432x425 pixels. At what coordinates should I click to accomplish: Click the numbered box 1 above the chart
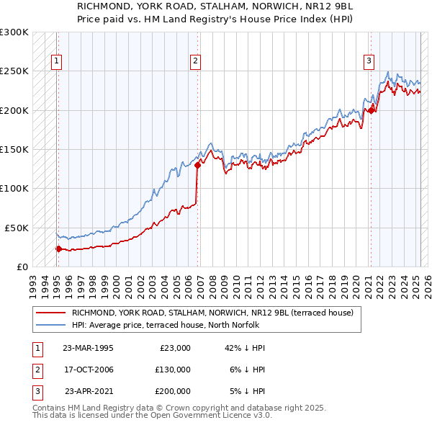coord(56,61)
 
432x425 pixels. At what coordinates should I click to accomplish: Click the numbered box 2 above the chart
coord(195,61)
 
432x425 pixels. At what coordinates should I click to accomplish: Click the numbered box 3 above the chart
coord(369,61)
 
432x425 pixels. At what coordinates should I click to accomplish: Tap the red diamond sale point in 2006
coord(197,165)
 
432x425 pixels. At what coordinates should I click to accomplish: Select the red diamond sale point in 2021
coord(372,110)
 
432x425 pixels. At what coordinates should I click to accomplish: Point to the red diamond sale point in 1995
coord(58,249)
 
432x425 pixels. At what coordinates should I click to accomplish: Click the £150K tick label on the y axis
coord(14,149)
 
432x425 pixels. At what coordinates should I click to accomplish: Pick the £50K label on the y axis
coord(17,227)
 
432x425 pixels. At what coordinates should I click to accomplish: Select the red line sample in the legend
coord(50,313)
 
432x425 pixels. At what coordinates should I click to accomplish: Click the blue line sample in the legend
coord(50,326)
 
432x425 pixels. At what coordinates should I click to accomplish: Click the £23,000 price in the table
coord(175,348)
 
